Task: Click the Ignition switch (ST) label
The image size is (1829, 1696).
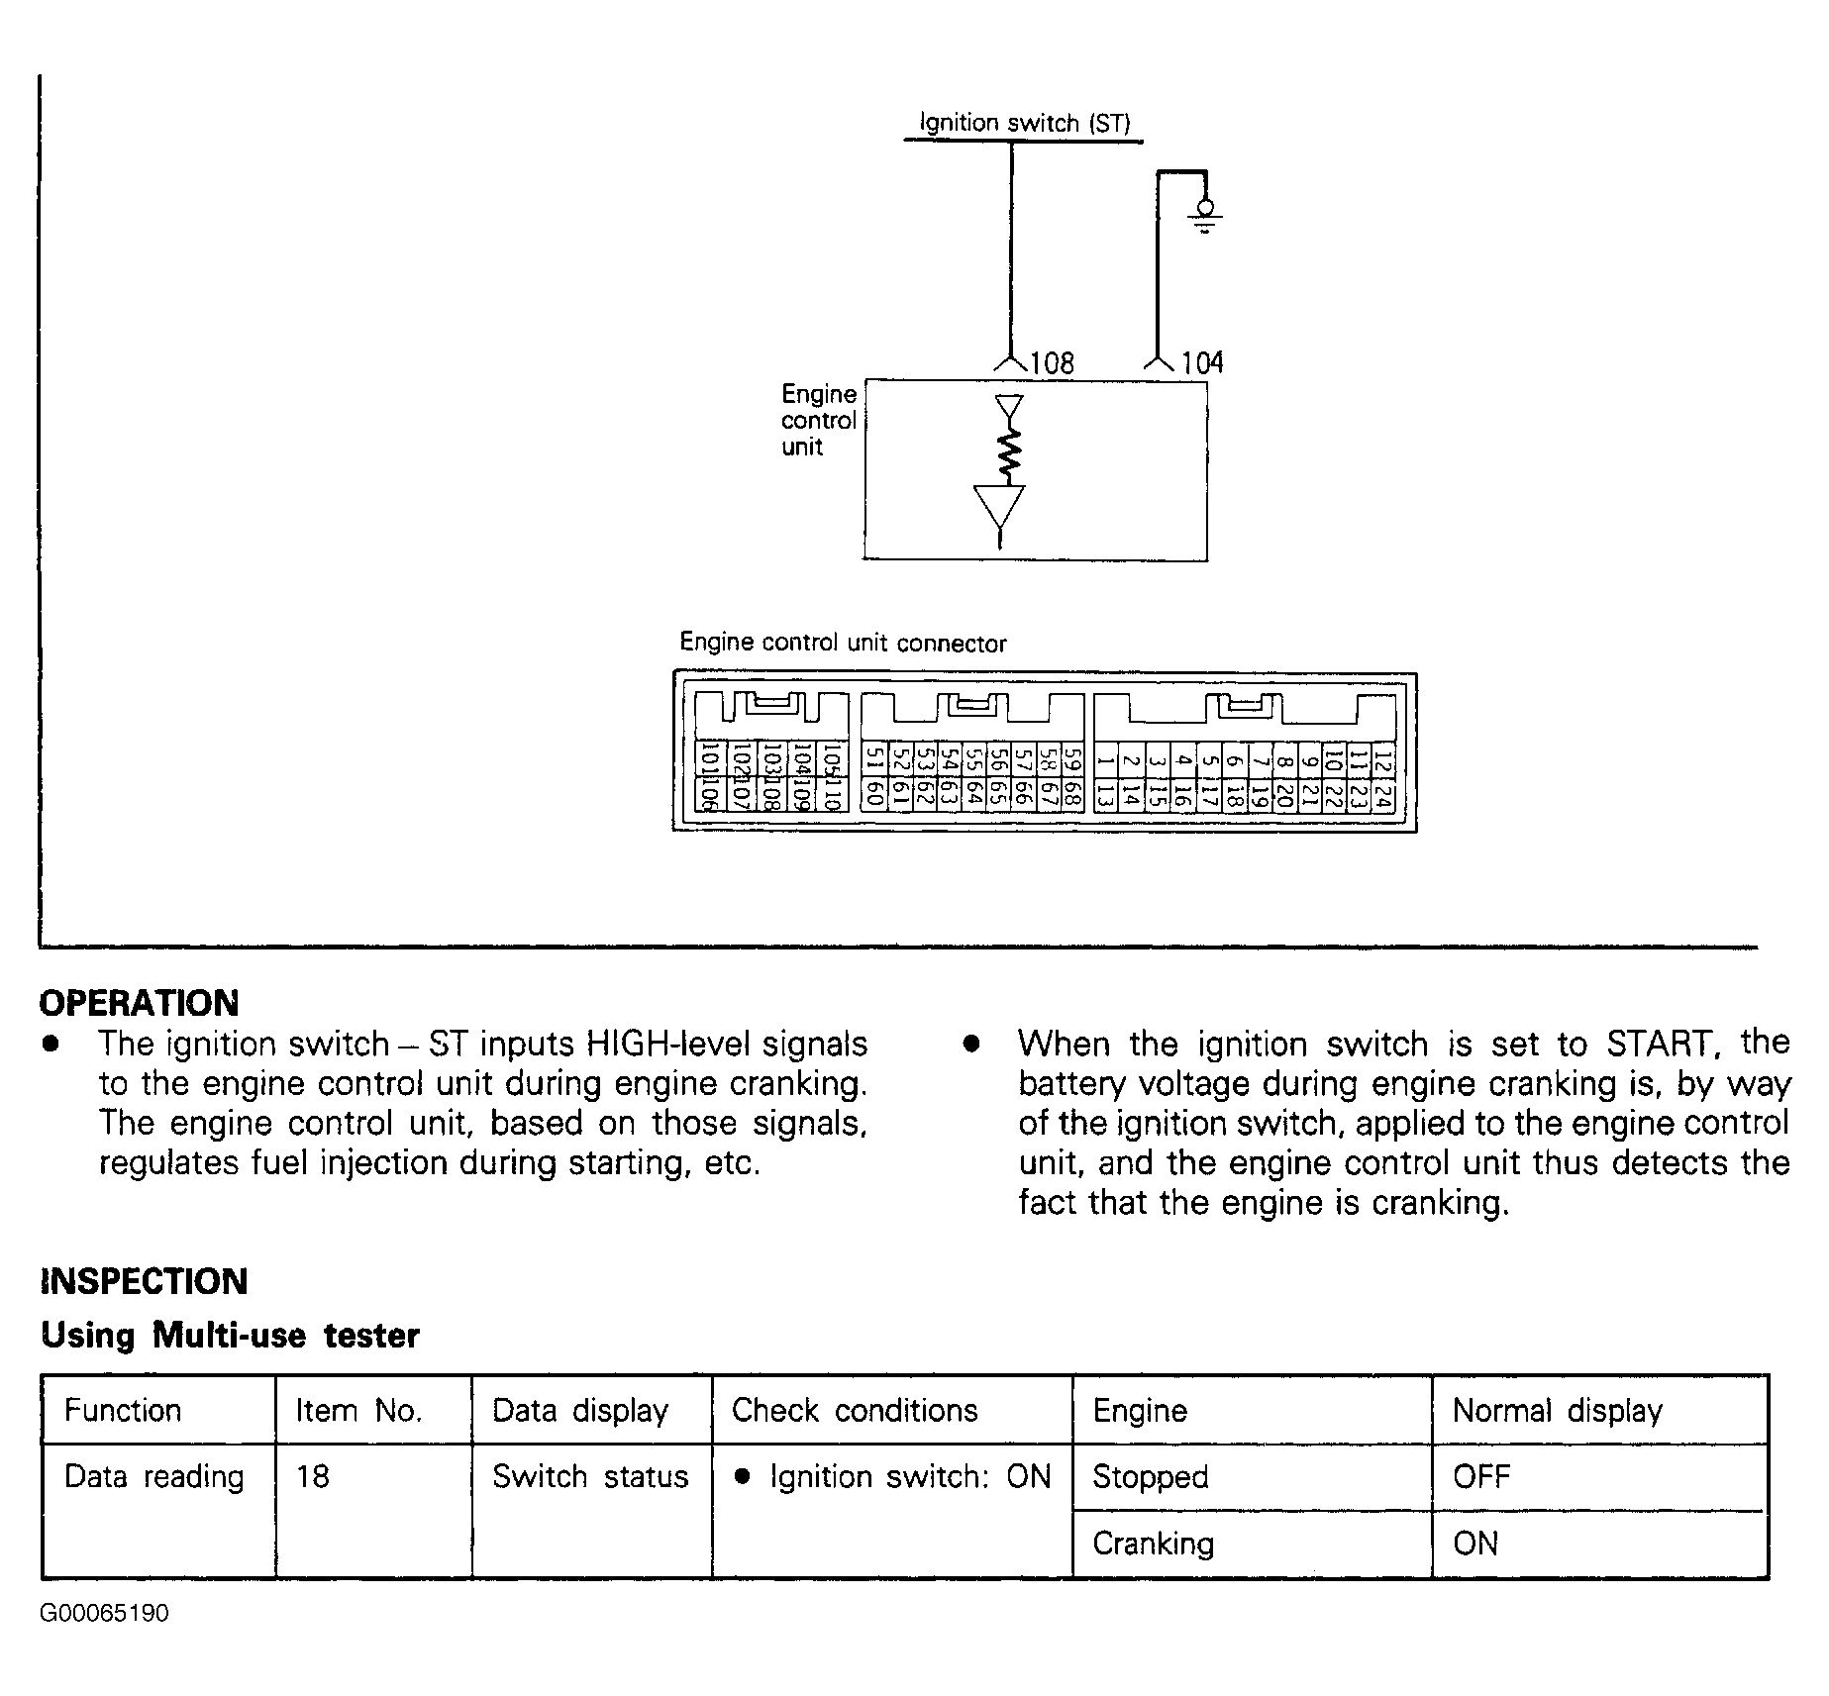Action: pyautogui.click(x=1025, y=123)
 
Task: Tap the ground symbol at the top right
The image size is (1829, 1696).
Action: pyautogui.click(x=1204, y=215)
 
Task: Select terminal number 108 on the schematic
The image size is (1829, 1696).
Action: pyautogui.click(x=1052, y=363)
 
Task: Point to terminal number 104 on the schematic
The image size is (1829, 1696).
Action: pyautogui.click(x=1201, y=363)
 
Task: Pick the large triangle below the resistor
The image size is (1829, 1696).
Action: pyautogui.click(x=1000, y=508)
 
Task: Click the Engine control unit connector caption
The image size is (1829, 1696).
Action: pyautogui.click(x=843, y=643)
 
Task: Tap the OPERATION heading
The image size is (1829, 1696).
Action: pyautogui.click(x=139, y=1003)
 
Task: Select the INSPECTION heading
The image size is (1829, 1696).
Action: pyautogui.click(x=144, y=1281)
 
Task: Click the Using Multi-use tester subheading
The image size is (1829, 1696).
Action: pyautogui.click(x=230, y=1336)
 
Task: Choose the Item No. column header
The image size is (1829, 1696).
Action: pyautogui.click(x=358, y=1410)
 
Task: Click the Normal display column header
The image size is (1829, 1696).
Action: pyautogui.click(x=1557, y=1410)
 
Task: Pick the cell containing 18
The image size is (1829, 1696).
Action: pyautogui.click(x=312, y=1476)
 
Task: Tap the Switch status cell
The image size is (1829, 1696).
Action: pyautogui.click(x=590, y=1476)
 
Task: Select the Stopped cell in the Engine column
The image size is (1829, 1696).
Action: pyautogui.click(x=1150, y=1476)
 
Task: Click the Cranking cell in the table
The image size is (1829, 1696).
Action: pyautogui.click(x=1153, y=1543)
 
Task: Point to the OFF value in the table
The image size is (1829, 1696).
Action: pyautogui.click(x=1481, y=1476)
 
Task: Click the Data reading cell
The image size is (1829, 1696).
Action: pyautogui.click(x=153, y=1476)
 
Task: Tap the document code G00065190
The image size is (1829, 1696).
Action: pyautogui.click(x=104, y=1613)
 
